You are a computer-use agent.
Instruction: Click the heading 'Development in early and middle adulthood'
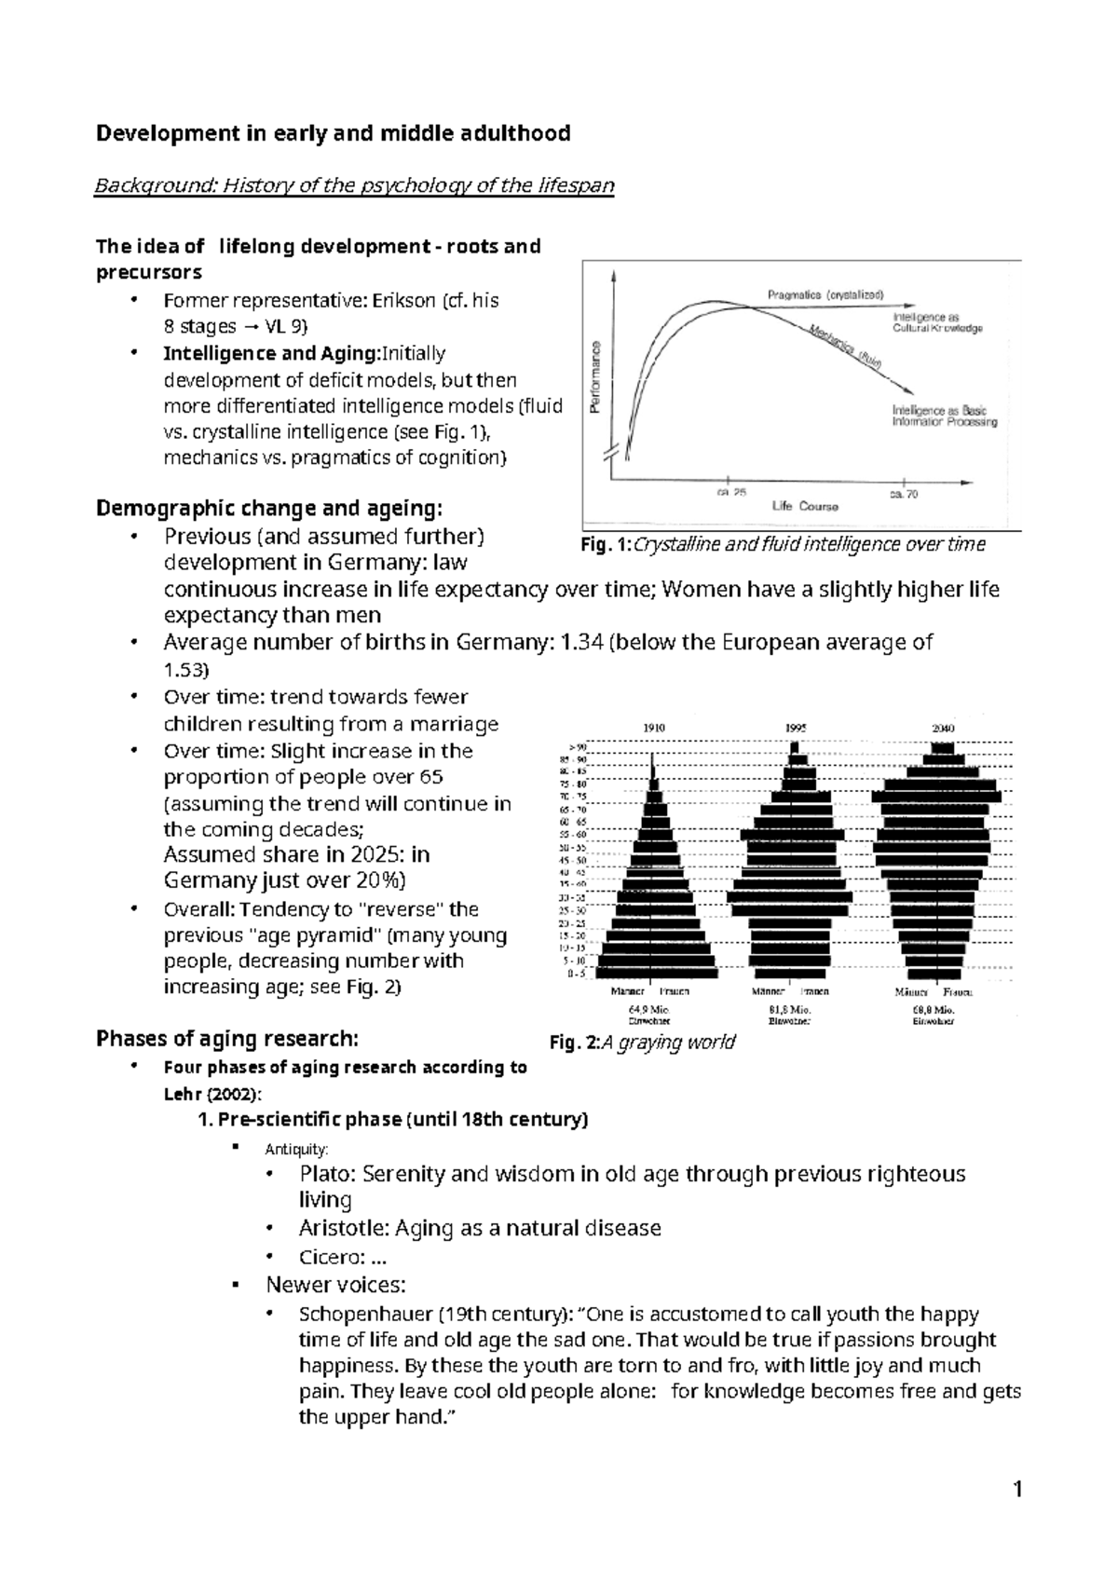tap(333, 133)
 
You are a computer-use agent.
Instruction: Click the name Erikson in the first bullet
tap(403, 301)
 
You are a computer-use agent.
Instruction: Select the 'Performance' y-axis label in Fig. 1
tap(595, 377)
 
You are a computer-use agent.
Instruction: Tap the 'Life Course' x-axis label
tap(805, 507)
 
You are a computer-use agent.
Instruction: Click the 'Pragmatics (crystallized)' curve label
tap(825, 294)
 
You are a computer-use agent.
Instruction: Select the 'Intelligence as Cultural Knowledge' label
tap(936, 322)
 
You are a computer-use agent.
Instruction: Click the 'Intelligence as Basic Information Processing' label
tap(943, 416)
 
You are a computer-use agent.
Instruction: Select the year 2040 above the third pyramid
tap(943, 728)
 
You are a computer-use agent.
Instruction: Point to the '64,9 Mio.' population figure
tap(649, 1009)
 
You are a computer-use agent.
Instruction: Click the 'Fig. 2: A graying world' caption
tap(643, 1042)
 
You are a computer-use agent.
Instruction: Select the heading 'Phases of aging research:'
tap(226, 1039)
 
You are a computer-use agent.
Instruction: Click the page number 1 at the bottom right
tap(1017, 1491)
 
